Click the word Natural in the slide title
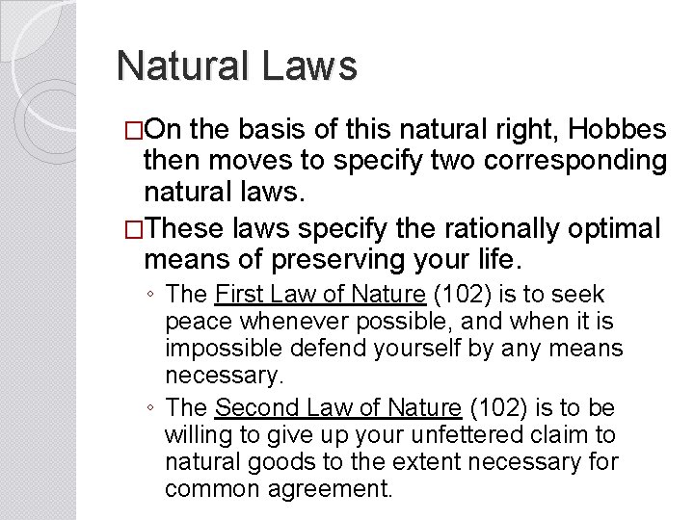point(180,66)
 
